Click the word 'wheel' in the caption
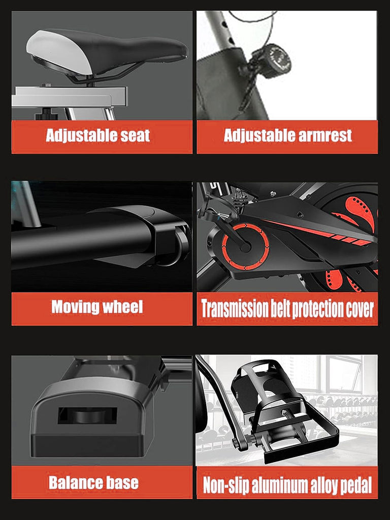coord(123,307)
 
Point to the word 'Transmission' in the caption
coord(235,309)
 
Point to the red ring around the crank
coord(245,246)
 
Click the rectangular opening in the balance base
coord(87,415)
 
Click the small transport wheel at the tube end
coord(179,243)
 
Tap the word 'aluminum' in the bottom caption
coord(279,485)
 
